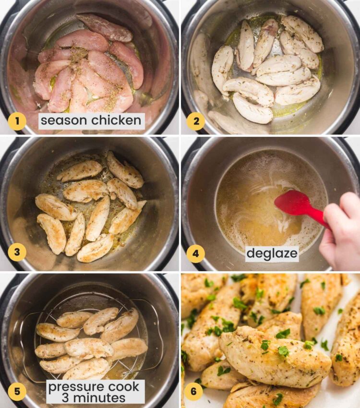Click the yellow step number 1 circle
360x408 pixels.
[17, 121]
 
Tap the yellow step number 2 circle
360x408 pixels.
[196, 121]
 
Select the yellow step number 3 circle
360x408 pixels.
[17, 252]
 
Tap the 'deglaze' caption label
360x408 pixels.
[272, 253]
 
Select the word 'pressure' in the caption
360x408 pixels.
[77, 386]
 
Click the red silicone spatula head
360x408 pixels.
[293, 203]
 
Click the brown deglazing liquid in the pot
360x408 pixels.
[259, 216]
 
